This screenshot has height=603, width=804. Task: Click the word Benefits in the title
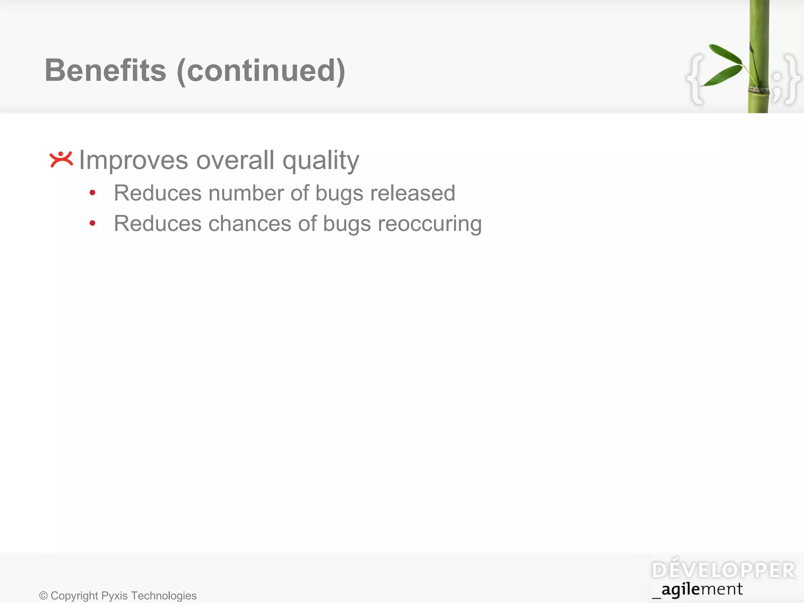click(105, 71)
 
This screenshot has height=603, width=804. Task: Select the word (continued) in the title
click(261, 71)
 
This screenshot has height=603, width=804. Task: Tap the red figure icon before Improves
click(61, 159)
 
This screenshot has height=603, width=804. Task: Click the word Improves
click(133, 161)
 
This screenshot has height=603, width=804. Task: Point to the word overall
click(235, 160)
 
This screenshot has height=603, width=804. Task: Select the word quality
click(321, 161)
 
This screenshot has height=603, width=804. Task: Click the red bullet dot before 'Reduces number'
click(93, 193)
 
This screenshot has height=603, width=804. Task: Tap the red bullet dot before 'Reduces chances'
click(93, 223)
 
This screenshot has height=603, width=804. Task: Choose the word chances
click(250, 224)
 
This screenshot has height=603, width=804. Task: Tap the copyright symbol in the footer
click(43, 596)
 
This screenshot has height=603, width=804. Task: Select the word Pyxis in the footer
click(114, 596)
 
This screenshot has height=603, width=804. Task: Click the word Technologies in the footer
click(164, 596)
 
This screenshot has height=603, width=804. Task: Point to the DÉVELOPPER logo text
click(723, 570)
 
